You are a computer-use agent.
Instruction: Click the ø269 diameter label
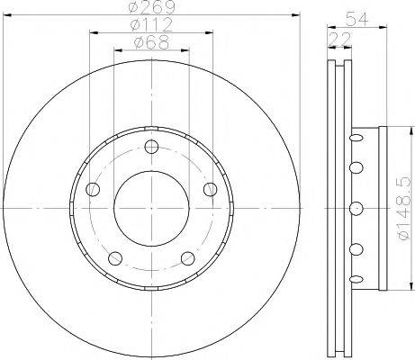click(x=151, y=7)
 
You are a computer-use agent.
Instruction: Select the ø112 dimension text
click(x=151, y=24)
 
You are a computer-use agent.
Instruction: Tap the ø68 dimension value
click(x=151, y=42)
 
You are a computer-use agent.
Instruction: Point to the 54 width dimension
click(x=357, y=19)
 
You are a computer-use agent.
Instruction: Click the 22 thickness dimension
click(x=340, y=39)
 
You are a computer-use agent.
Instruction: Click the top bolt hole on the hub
click(x=151, y=147)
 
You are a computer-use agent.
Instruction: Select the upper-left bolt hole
click(x=93, y=189)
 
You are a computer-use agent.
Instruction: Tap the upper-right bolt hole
click(x=211, y=189)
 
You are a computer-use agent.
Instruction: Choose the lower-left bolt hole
click(x=115, y=258)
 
